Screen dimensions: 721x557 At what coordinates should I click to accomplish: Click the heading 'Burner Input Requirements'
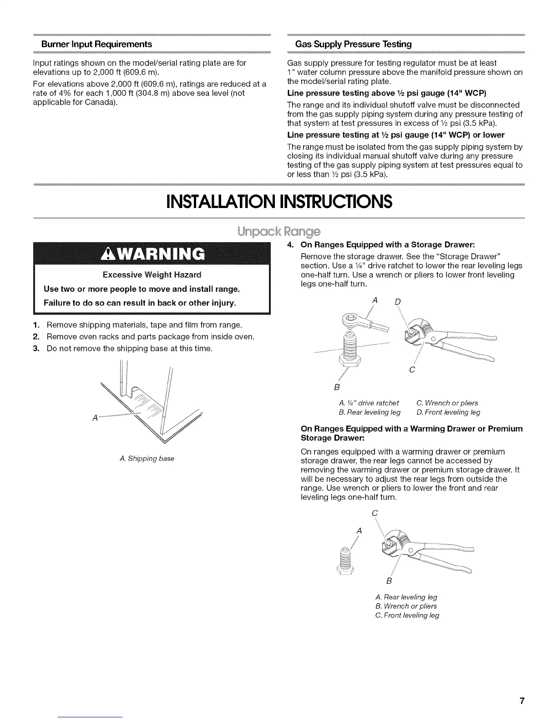tap(96, 44)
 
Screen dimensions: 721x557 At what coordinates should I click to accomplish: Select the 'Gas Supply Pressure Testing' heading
tap(353, 44)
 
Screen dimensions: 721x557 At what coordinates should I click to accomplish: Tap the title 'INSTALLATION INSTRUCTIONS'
tap(279, 201)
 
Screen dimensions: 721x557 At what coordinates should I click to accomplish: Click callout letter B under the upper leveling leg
tap(336, 387)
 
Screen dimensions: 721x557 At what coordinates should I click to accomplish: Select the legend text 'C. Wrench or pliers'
tap(447, 403)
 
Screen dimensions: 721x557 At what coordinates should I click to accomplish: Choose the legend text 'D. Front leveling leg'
tap(448, 412)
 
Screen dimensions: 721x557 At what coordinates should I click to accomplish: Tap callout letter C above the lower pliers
tap(375, 513)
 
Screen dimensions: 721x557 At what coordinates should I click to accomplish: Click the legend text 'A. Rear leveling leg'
tap(406, 597)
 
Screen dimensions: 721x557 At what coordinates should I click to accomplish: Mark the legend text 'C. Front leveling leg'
tap(407, 615)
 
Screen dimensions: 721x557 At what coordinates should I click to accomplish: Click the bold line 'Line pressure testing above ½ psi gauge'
tap(387, 93)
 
